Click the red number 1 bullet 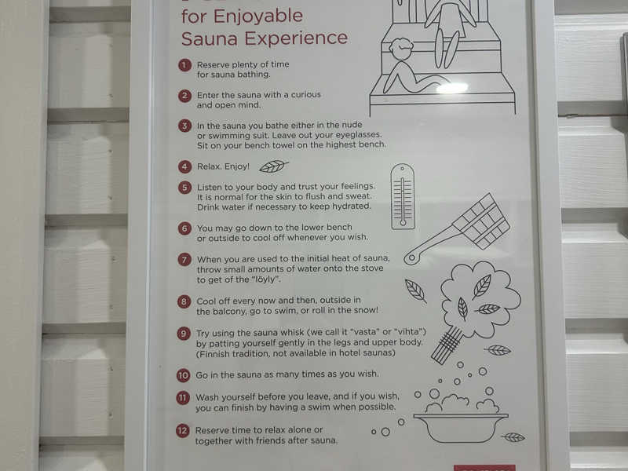184,65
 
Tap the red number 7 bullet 184,260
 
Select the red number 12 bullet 182,430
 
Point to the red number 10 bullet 183,375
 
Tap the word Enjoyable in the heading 258,16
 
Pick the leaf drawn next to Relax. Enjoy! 273,166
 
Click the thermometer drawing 403,196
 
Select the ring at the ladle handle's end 411,257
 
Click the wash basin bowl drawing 461,428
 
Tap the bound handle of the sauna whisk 447,345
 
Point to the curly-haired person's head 400,49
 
